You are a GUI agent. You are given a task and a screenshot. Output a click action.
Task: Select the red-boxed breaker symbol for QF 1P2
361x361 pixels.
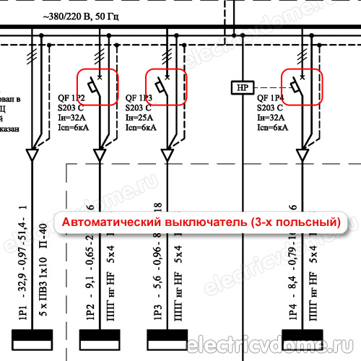(x=97, y=87)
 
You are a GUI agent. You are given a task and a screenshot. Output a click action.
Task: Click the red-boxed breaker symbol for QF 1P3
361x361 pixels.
(x=166, y=87)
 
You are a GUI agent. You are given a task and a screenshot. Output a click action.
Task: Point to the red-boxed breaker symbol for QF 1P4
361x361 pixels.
(x=301, y=87)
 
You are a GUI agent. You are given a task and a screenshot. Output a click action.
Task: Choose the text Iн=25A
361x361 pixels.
(x=141, y=118)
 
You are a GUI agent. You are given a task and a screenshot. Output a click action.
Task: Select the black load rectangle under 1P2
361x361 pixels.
(x=100, y=338)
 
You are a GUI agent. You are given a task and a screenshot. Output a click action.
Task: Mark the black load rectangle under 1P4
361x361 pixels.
(x=303, y=338)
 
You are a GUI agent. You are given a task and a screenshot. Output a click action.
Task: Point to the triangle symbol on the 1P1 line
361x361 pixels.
(x=33, y=155)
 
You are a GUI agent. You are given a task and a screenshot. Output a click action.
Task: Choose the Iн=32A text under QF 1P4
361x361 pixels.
(x=271, y=118)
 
